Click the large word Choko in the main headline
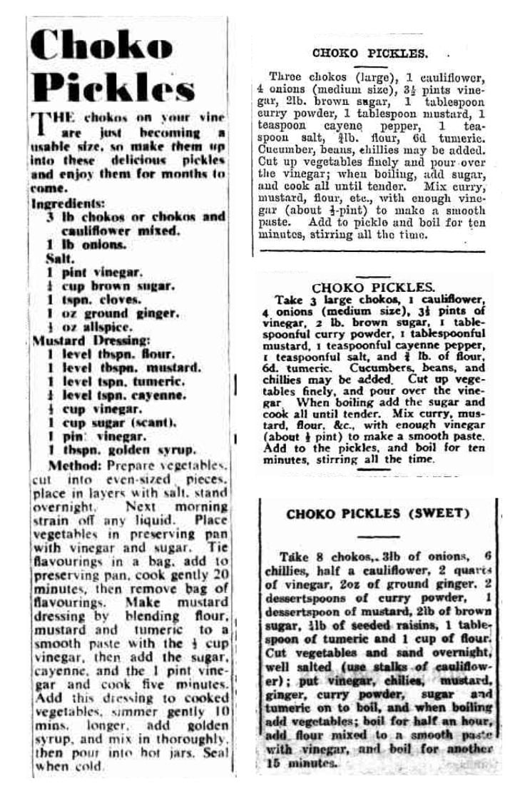[103, 46]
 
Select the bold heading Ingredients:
[66, 203]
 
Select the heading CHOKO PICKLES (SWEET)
[378, 513]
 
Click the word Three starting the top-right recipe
[285, 76]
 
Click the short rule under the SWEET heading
[378, 536]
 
